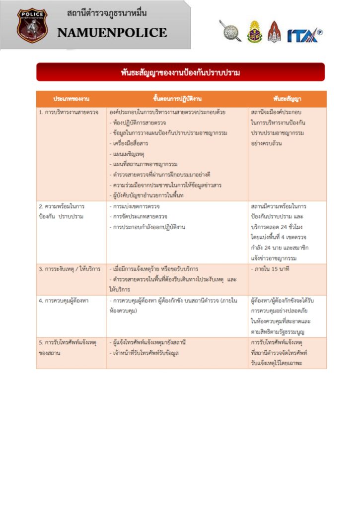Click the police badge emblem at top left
31,25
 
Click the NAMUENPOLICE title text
112,33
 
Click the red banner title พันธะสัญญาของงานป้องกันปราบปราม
180,72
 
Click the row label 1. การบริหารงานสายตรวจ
69,113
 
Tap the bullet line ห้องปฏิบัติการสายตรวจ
139,123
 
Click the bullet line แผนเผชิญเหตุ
128,154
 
